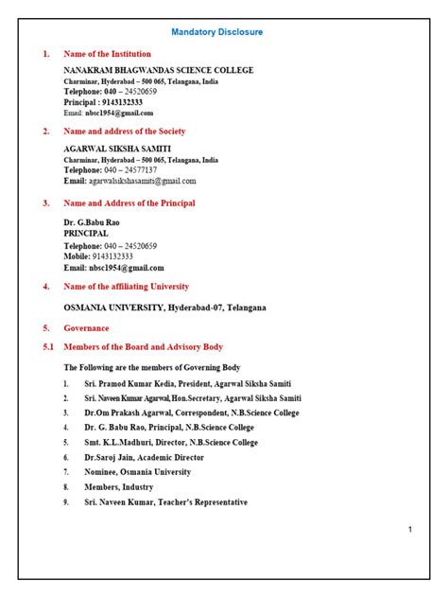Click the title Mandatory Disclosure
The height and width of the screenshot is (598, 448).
coord(217,32)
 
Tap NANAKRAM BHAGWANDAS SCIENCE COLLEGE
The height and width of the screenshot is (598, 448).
coord(158,71)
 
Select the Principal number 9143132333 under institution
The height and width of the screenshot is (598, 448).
coord(103,102)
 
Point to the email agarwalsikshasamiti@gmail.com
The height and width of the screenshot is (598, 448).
coord(142,181)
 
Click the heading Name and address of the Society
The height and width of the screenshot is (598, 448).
coord(124,132)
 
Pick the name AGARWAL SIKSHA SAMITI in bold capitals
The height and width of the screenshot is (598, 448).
coord(117,149)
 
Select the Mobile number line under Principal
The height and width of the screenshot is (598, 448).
coord(98,256)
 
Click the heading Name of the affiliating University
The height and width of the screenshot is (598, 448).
coord(126,286)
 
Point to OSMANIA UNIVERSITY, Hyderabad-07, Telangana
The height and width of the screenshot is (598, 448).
coord(164,308)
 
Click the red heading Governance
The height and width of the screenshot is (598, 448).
coord(86,327)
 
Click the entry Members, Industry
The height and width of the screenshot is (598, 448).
coord(117,486)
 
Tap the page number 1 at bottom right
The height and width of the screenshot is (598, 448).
coord(410,529)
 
